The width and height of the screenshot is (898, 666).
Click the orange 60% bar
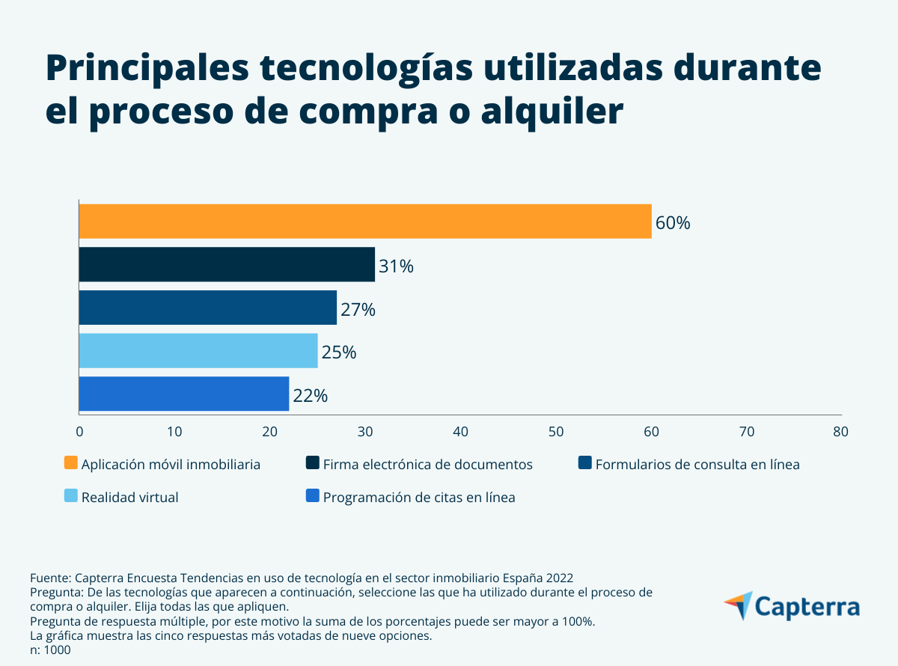point(365,222)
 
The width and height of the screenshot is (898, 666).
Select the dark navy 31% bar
point(227,265)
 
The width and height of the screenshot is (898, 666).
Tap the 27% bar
point(207,308)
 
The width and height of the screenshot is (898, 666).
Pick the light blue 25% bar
point(198,351)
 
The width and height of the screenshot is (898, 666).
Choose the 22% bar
point(183,394)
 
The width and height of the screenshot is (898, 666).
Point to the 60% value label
point(673,223)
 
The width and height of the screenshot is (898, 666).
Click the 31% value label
point(396,266)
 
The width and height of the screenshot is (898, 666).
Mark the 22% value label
point(310,396)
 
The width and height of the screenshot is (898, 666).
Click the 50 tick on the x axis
point(556,432)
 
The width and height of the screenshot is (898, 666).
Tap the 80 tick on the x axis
point(841,432)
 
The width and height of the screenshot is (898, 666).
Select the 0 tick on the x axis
point(79,432)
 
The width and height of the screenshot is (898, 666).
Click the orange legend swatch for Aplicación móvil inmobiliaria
point(71,463)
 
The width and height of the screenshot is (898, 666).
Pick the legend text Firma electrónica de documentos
point(427,465)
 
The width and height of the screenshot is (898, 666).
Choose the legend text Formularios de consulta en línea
point(697,465)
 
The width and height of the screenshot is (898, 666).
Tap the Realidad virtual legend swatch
point(71,495)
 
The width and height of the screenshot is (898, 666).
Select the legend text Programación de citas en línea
point(419,498)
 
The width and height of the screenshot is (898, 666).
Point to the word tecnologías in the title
point(367,69)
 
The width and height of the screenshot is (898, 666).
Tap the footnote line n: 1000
point(50,650)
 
